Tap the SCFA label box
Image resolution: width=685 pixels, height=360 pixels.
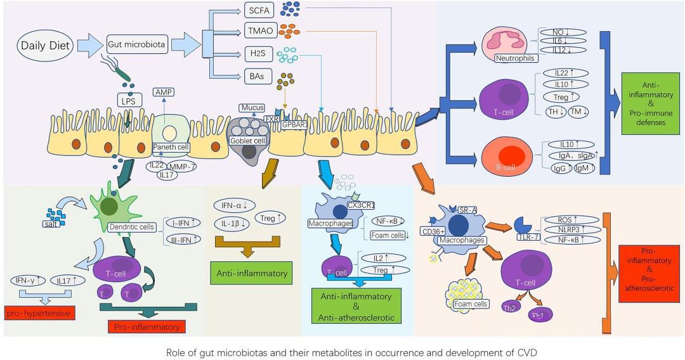point(259,10)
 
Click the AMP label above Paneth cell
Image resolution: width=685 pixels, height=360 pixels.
point(164,93)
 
